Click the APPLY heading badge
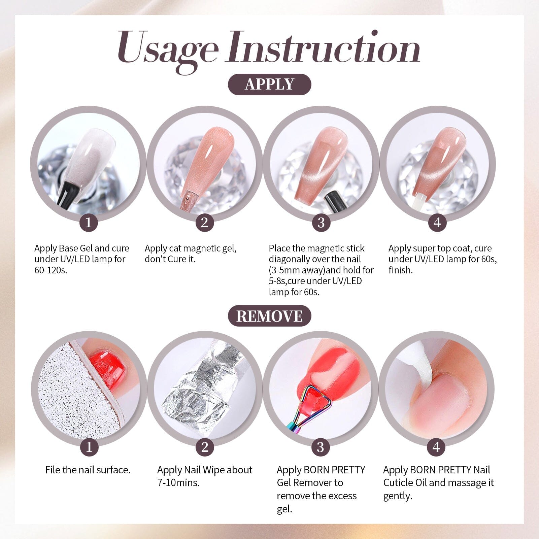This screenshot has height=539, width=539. click(269, 84)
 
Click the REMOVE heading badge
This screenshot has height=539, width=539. click(269, 316)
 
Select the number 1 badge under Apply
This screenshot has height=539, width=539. click(89, 223)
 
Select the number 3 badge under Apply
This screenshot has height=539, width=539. click(321, 223)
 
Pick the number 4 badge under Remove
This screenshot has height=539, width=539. click(436, 447)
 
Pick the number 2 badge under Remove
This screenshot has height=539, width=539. click(205, 447)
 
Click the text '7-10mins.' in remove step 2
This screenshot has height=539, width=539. click(178, 483)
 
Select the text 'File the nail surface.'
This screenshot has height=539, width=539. click(88, 470)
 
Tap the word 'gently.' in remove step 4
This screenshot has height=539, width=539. click(398, 496)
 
